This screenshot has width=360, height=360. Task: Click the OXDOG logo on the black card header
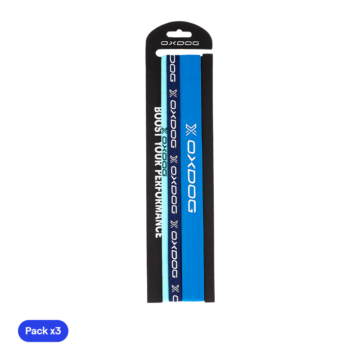pyautogui.click(x=180, y=43)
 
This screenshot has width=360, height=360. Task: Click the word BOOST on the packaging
pyautogui.click(x=158, y=118)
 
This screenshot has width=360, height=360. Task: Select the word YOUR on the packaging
pyautogui.click(x=158, y=144)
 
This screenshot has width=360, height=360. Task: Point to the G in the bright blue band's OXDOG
pyautogui.click(x=191, y=205)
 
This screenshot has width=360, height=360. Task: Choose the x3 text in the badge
pyautogui.click(x=55, y=332)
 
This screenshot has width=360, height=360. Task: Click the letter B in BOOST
pyautogui.click(x=158, y=110)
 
